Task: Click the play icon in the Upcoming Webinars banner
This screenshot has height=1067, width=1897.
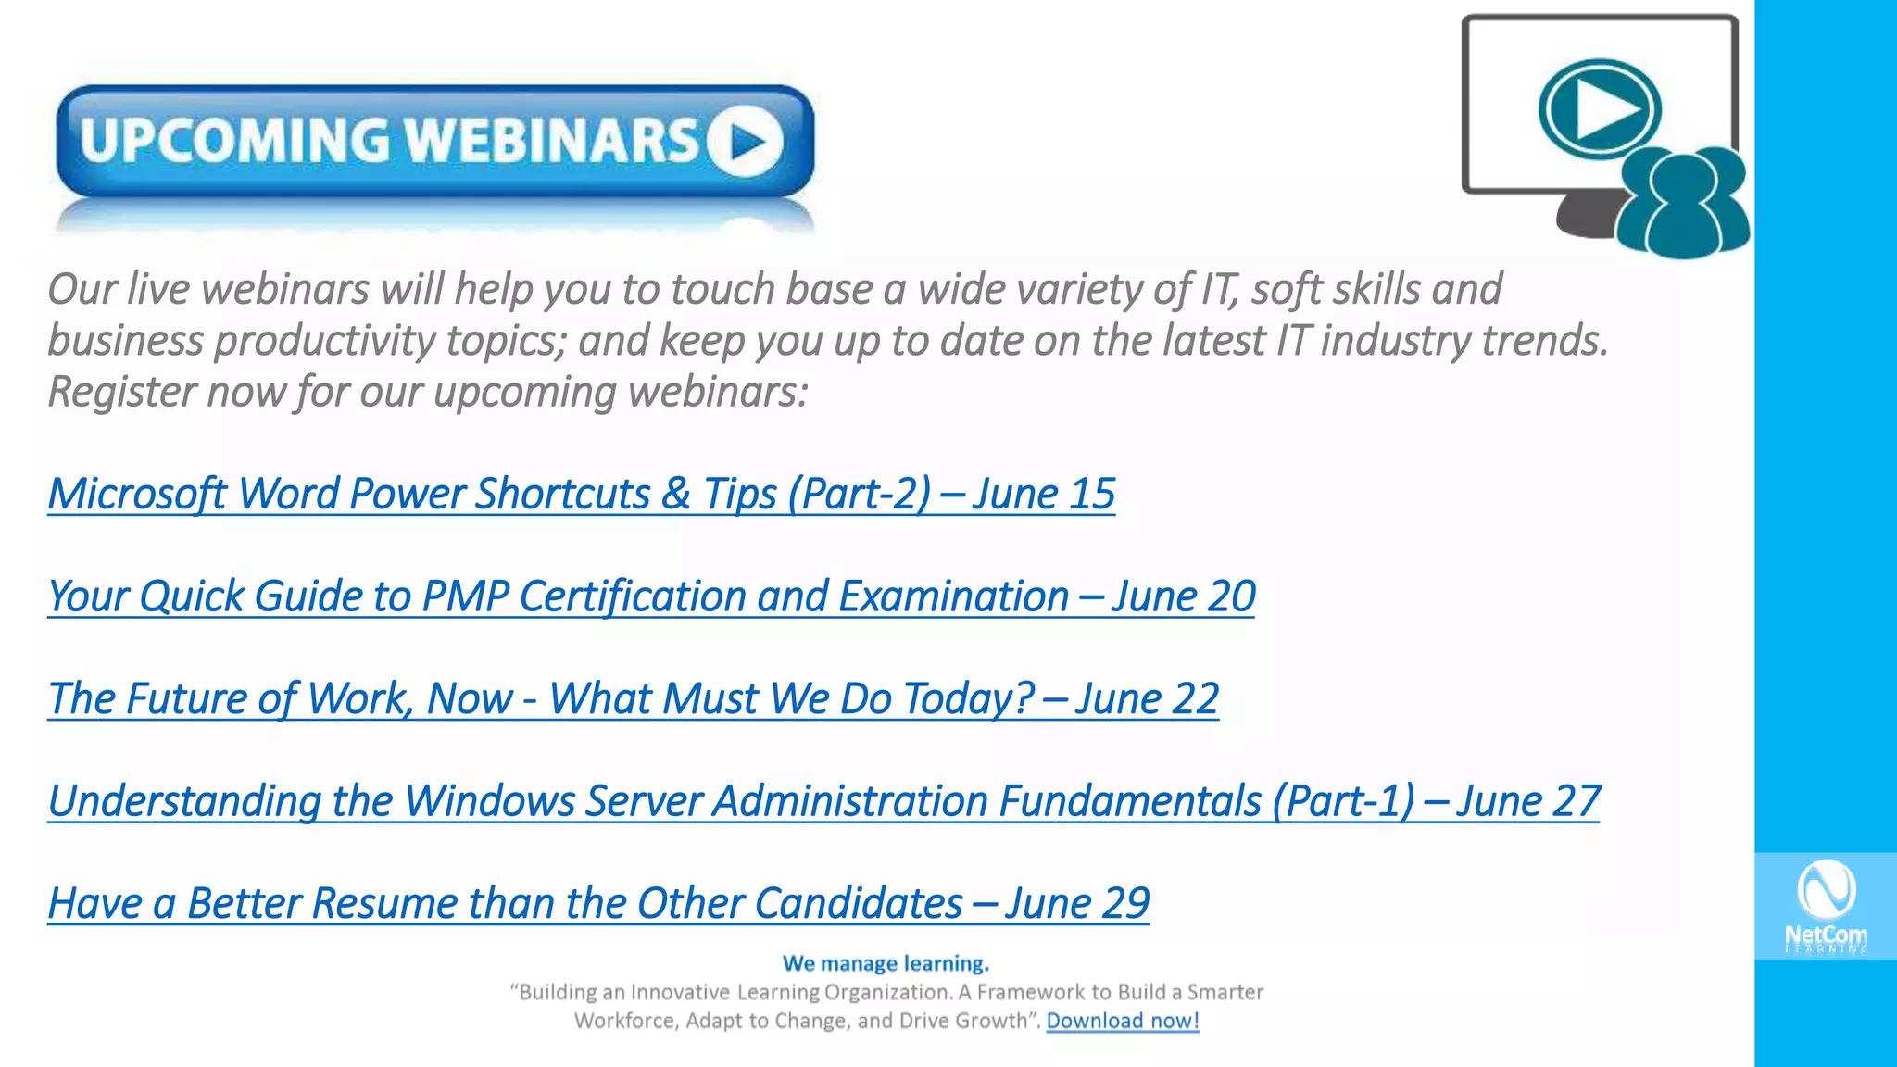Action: pyautogui.click(x=746, y=141)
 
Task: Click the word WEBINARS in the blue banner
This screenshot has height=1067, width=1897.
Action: pyautogui.click(x=552, y=141)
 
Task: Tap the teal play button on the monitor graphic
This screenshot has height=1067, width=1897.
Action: pyautogui.click(x=1600, y=109)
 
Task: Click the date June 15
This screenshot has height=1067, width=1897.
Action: pyautogui.click(x=1043, y=494)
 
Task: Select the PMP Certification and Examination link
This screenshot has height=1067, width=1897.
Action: pyautogui.click(x=556, y=596)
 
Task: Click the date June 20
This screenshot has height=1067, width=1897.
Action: pyautogui.click(x=1183, y=596)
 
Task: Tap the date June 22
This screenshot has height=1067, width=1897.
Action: pyautogui.click(x=1147, y=699)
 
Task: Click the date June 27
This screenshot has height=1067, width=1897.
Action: pyautogui.click(x=1528, y=801)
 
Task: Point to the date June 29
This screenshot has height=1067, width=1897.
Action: pyautogui.click(x=1077, y=904)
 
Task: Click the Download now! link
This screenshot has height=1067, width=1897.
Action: pyautogui.click(x=1123, y=1021)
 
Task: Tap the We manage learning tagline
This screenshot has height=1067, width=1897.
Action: pyautogui.click(x=886, y=963)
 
